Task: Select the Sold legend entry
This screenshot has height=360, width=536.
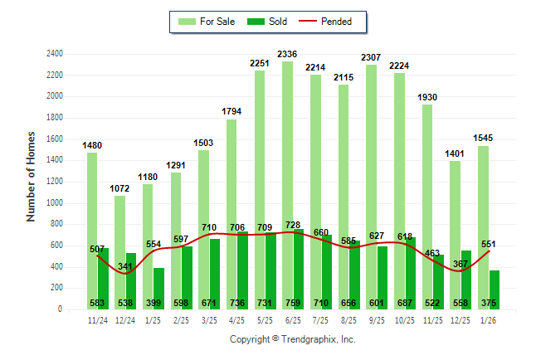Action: pos(267,22)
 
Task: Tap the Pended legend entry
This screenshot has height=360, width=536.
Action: pos(334,22)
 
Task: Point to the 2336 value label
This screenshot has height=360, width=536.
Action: pos(287,54)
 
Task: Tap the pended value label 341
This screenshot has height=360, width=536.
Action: pos(125,267)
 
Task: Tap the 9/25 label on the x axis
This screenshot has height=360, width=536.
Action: pos(377,320)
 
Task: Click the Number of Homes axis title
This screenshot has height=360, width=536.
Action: pos(32,176)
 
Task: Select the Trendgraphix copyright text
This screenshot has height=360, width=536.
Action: pos(292,339)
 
